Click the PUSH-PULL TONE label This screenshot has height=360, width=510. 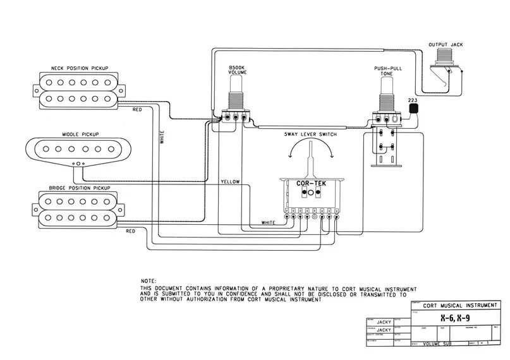[x=386, y=71]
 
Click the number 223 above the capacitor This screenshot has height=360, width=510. [x=412, y=100]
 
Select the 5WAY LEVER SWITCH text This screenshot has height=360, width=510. [x=310, y=135]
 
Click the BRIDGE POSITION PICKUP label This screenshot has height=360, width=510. [x=78, y=188]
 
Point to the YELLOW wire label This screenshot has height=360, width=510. [x=230, y=182]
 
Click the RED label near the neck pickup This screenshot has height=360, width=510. [x=137, y=110]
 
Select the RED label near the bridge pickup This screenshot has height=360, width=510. [x=130, y=231]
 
